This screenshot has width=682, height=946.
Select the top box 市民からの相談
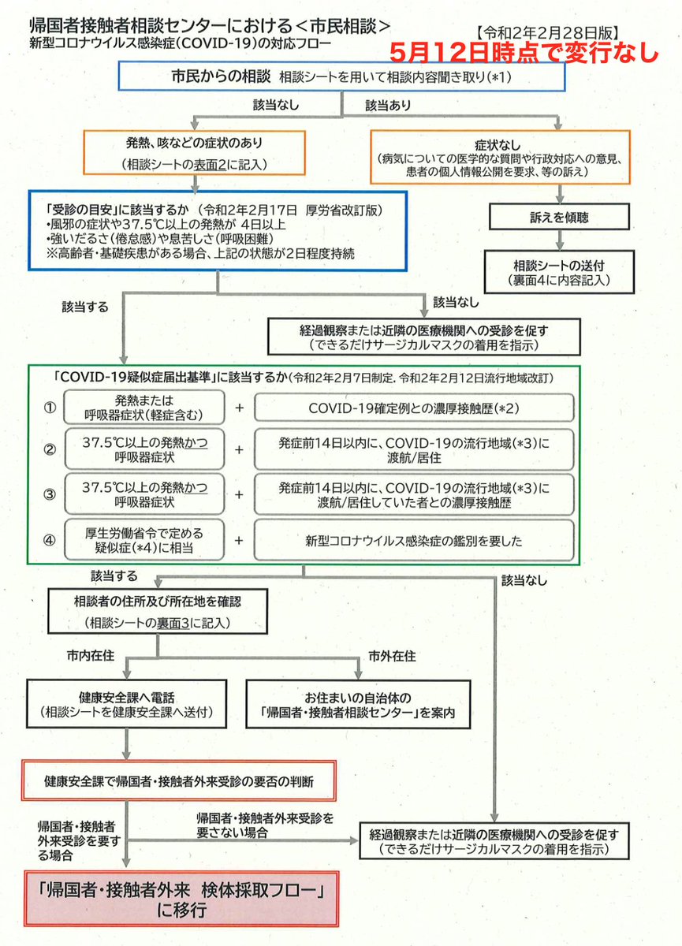[341, 77]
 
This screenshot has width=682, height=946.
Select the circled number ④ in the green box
[50, 541]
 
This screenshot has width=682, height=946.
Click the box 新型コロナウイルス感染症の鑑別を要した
[414, 541]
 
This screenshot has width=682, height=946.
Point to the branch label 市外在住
[392, 656]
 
